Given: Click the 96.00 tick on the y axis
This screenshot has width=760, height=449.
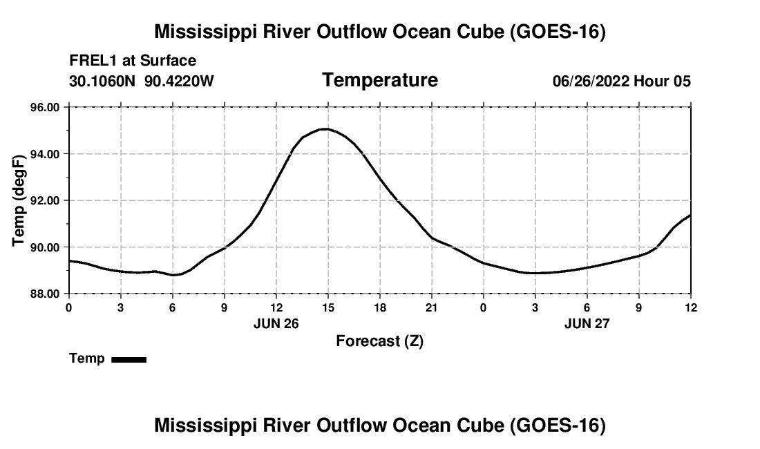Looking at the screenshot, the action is point(45,108).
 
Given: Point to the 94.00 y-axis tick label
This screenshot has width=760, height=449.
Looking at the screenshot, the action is point(45,155).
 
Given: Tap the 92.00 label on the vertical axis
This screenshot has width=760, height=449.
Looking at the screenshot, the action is point(45,201).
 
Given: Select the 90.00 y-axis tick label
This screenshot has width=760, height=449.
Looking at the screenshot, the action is point(45,247).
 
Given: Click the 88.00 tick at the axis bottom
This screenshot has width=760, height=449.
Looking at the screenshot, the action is point(45,294).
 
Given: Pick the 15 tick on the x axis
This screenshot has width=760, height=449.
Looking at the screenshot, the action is point(328,307).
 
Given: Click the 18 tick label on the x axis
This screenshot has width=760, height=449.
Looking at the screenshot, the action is point(380,307).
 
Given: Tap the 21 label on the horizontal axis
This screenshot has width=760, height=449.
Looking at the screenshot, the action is point(432,307).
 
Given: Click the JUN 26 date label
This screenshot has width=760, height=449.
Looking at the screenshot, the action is point(276,323).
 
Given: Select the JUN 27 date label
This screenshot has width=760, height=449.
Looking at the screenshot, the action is point(587,323).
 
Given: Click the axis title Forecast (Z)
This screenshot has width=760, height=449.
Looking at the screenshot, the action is point(380,341).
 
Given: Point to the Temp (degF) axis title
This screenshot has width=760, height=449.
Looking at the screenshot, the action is point(19,200).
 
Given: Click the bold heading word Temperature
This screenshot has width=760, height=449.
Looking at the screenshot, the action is point(380,80).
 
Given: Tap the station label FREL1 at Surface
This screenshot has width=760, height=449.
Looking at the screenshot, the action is point(133,61).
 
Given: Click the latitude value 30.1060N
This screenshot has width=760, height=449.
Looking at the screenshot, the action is point(102,81).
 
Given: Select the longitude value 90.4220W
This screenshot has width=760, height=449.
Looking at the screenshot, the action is point(179,81).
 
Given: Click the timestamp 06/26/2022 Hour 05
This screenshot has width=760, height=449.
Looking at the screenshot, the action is point(622,81).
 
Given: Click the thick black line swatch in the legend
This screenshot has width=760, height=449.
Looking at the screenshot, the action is point(129,359).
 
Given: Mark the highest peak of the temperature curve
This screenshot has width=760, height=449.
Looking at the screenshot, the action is point(325,129).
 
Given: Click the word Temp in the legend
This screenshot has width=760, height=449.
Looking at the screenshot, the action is point(87,359).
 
